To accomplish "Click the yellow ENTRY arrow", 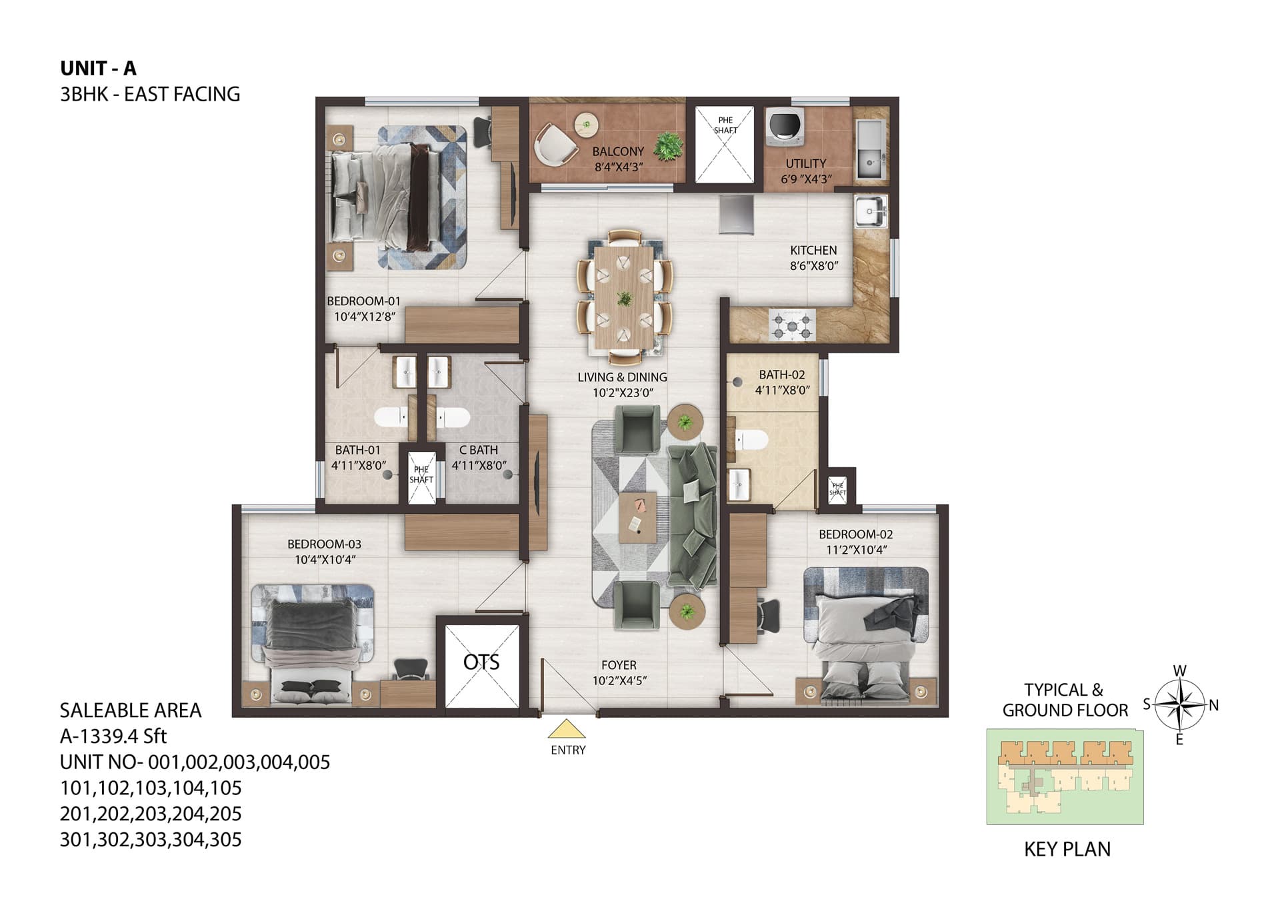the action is pyautogui.click(x=567, y=728).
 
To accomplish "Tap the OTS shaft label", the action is pyautogui.click(x=481, y=662).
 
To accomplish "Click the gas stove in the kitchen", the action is pyautogui.click(x=793, y=326).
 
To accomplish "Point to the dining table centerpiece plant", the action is pyautogui.click(x=625, y=299).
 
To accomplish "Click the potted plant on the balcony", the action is pyautogui.click(x=668, y=147).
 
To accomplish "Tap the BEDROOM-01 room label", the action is pyautogui.click(x=363, y=301).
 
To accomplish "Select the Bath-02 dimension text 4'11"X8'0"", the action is pyautogui.click(x=782, y=391).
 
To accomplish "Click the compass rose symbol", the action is pyautogui.click(x=1179, y=704).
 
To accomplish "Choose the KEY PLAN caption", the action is pyautogui.click(x=1067, y=849).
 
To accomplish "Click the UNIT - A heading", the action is pyautogui.click(x=98, y=68).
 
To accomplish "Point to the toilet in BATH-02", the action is pyautogui.click(x=751, y=440).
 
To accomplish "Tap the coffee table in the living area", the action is pyautogui.click(x=637, y=516).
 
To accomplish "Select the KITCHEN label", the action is pyautogui.click(x=813, y=251).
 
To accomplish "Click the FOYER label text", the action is pyautogui.click(x=619, y=665).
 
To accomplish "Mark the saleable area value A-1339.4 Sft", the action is pyautogui.click(x=113, y=736).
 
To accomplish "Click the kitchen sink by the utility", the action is pyautogui.click(x=871, y=213).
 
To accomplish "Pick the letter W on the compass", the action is pyautogui.click(x=1179, y=670).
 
